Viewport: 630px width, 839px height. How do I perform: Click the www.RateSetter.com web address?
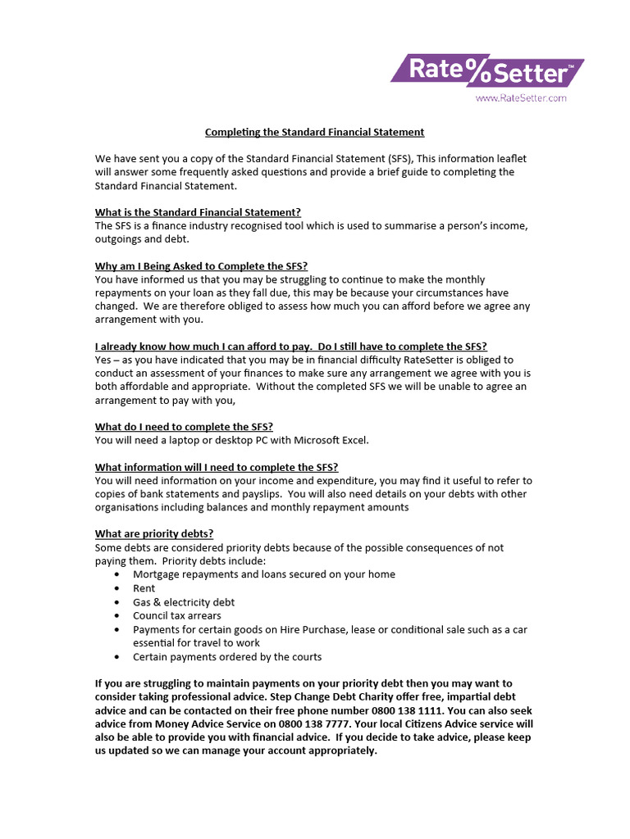tap(521, 98)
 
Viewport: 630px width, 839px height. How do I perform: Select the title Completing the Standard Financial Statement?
tap(314, 132)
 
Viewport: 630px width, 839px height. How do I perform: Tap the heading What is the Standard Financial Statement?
tap(198, 212)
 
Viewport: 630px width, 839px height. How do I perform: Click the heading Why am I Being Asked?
tap(201, 265)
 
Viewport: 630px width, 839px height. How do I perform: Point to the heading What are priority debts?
tap(154, 534)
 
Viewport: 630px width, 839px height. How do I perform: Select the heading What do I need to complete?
tap(184, 427)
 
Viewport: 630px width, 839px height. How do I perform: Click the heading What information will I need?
tap(217, 467)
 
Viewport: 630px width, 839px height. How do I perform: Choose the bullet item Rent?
tap(144, 588)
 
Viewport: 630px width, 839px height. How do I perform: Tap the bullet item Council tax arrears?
tap(176, 615)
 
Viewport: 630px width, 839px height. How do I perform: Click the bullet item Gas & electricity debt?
tap(184, 602)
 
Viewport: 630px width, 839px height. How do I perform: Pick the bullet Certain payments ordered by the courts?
tap(227, 656)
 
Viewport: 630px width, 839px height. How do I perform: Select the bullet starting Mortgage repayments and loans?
tap(263, 574)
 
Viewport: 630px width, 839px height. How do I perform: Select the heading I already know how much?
tap(296, 346)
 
